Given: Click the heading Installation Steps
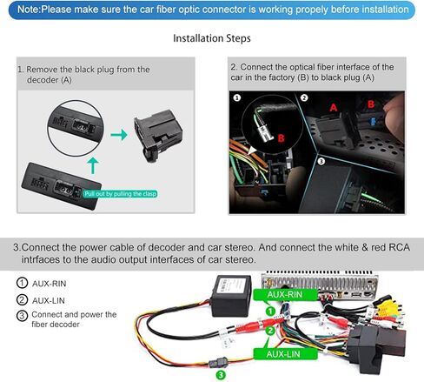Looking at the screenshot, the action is coord(212,38).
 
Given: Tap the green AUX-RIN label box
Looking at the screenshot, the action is coord(285,295).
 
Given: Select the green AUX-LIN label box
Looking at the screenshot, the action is coord(285,354).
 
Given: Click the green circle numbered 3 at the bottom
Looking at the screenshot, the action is coord(221,375).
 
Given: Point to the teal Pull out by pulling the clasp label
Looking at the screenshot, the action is coord(120,194).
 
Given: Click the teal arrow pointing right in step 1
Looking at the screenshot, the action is coord(119,135).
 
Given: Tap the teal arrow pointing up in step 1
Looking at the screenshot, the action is coord(93,165).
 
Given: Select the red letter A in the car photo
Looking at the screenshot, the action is coord(334,108).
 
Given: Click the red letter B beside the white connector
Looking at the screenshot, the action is coord(281,138).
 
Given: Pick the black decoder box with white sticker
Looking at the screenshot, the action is coord(231,296).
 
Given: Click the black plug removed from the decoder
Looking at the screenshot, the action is coord(157,135).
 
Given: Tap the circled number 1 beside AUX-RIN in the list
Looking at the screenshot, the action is coord(22,283).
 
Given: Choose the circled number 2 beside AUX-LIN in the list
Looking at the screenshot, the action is coord(22,300).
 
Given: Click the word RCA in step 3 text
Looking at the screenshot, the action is coord(399,247).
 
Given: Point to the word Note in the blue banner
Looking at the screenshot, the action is coord(28,10).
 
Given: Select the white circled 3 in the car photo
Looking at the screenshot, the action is coord(321,161).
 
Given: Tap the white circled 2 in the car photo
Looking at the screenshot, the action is coord(304,97).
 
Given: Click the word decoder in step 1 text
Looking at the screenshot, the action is coord(43,80).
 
